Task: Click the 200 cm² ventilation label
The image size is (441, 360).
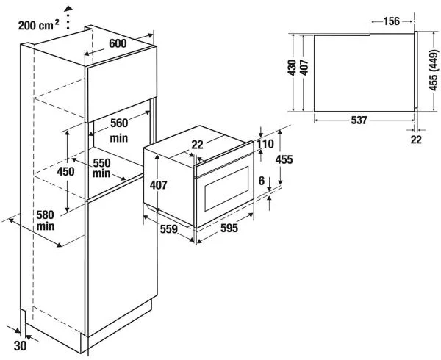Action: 38,24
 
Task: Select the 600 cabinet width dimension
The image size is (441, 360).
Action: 118,43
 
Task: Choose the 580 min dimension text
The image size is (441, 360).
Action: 46,220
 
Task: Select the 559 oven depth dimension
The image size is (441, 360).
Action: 170,228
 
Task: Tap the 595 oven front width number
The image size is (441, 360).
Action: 229,228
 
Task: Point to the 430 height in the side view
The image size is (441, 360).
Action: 292,68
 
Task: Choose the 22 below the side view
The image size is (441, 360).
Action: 417,140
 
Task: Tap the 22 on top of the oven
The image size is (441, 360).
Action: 197,145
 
